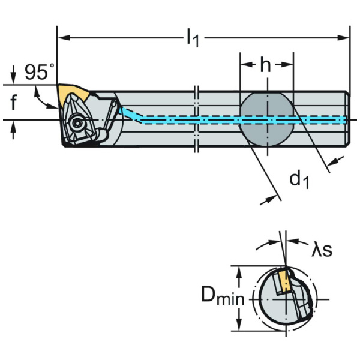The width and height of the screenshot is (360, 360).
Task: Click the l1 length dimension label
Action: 192,38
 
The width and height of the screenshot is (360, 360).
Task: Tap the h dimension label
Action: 266,65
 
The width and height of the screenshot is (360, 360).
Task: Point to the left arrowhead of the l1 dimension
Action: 61,38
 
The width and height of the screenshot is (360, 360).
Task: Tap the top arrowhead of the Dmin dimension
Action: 240,271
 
